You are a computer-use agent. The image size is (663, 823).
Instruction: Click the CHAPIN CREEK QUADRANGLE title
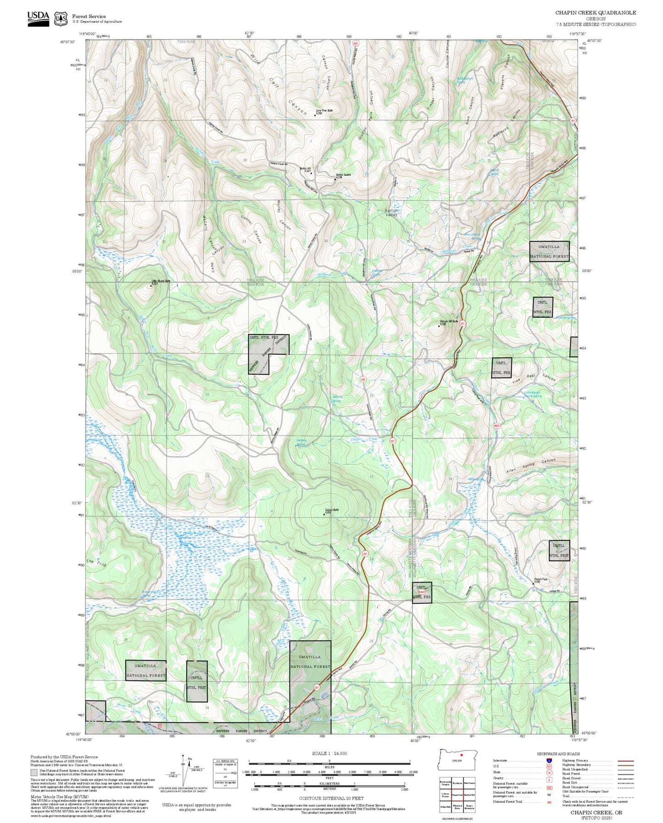click(x=596, y=13)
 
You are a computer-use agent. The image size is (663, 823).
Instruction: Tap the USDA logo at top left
click(x=38, y=18)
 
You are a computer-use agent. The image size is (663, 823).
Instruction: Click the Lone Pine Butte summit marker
click(x=315, y=115)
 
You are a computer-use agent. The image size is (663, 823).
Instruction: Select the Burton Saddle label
click(x=343, y=175)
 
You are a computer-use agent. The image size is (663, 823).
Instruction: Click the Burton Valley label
click(x=391, y=212)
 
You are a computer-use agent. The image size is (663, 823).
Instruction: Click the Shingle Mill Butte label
click(x=449, y=321)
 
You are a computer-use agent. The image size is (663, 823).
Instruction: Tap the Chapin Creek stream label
click(x=364, y=439)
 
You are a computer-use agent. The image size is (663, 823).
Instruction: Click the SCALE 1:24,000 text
click(x=329, y=753)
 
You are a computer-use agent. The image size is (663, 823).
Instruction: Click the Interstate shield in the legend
click(x=549, y=760)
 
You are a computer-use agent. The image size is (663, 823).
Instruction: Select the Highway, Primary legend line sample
click(x=626, y=761)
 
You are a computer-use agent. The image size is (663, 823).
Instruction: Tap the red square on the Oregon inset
click(x=462, y=755)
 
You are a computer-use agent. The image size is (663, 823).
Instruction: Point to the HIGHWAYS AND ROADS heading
click(x=558, y=754)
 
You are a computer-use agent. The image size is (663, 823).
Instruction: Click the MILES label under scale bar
click(x=329, y=767)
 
